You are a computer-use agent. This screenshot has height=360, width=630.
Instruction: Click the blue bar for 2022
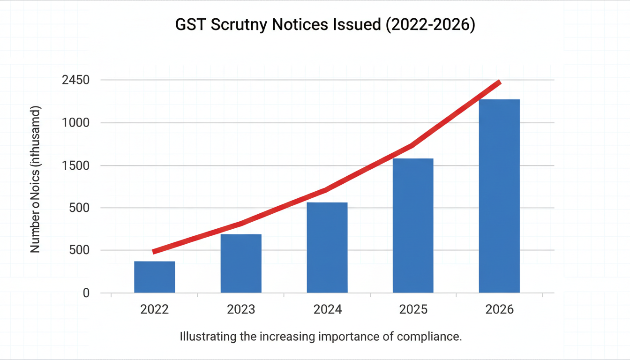(154, 277)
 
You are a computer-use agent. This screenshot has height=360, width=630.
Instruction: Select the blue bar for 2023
(241, 263)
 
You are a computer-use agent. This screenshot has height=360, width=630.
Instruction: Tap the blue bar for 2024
(327, 247)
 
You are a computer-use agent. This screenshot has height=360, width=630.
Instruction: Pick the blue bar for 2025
(413, 225)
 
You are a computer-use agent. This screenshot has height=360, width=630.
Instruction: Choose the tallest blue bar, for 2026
(499, 196)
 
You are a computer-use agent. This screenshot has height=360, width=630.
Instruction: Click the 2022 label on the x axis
(154, 309)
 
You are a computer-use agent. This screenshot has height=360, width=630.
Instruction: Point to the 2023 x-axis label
(241, 309)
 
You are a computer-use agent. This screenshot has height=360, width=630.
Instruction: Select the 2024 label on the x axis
(327, 309)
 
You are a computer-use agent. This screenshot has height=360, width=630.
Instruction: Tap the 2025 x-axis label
(413, 309)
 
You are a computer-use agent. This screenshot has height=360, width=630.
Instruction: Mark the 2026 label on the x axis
(499, 309)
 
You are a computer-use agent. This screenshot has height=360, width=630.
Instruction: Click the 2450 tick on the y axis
(75, 80)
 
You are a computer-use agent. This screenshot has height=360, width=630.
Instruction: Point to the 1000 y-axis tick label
(75, 123)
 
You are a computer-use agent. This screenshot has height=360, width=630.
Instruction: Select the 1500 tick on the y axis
(75, 165)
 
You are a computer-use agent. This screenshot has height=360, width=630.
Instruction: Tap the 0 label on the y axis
(86, 293)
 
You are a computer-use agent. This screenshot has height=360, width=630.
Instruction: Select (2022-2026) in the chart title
(429, 25)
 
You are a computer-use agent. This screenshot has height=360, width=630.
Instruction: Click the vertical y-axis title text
(36, 180)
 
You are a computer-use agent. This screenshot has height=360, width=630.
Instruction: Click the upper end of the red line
(500, 83)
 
